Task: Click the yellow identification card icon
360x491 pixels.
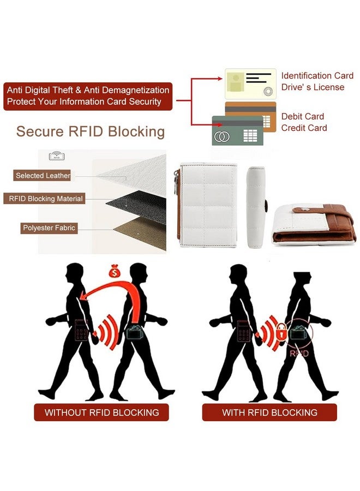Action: click(x=250, y=83)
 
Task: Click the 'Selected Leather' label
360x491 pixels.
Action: click(x=43, y=176)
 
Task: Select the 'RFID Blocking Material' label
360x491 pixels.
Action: click(x=46, y=199)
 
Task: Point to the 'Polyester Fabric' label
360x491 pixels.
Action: click(x=49, y=227)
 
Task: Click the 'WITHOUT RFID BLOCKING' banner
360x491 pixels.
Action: click(x=101, y=412)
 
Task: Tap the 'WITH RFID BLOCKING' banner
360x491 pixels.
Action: click(x=269, y=412)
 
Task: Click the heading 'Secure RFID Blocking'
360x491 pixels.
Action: click(x=91, y=131)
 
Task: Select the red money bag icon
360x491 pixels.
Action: click(x=115, y=271)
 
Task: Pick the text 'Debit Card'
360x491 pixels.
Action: click(x=303, y=116)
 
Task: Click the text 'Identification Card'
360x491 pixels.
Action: click(x=317, y=76)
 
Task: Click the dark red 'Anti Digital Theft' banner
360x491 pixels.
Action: click(x=88, y=96)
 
